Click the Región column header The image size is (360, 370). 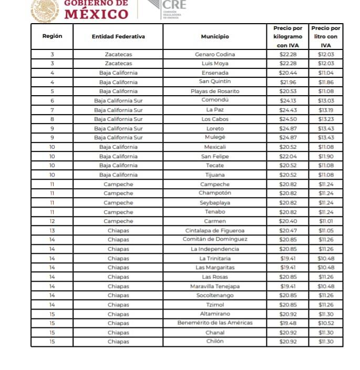52,37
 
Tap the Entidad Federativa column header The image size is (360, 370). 118,37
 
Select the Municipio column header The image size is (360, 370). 214,37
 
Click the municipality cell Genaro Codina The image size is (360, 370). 214,54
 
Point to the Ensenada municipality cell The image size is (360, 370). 214,73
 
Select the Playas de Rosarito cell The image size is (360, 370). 214,91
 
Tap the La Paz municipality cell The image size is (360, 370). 214,110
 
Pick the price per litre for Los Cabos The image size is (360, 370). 326,119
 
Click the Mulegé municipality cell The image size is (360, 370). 214,138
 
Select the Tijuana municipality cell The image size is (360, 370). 214,174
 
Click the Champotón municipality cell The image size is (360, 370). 214,193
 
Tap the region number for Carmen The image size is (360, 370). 52,221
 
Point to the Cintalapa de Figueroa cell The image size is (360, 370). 214,230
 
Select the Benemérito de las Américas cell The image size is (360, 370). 214,323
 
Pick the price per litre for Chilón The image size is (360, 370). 326,341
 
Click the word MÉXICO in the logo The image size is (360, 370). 96,14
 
